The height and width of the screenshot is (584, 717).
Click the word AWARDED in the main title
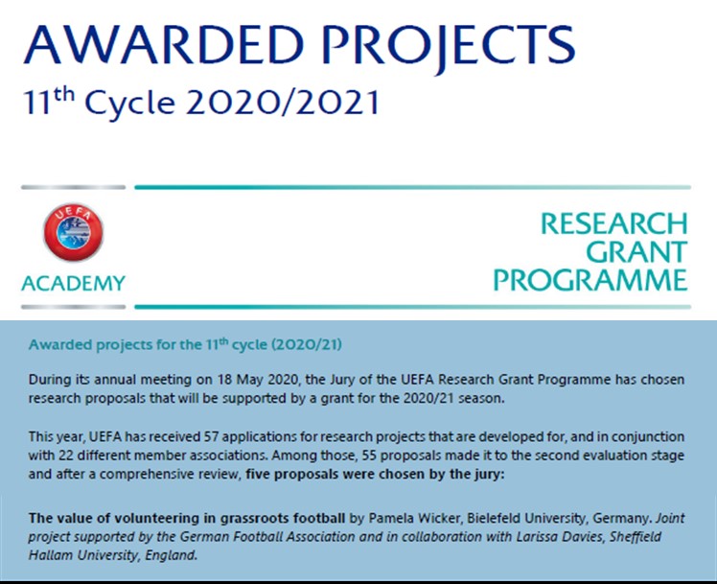click(164, 45)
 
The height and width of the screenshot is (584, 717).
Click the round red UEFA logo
click(73, 232)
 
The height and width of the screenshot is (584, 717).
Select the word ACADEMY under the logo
click(73, 283)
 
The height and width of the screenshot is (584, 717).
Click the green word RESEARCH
click(614, 223)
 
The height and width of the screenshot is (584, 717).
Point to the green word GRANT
click(636, 251)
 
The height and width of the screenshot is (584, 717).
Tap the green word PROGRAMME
click(590, 280)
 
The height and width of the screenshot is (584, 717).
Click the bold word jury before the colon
click(491, 475)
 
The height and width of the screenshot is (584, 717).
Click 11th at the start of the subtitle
click(49, 101)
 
